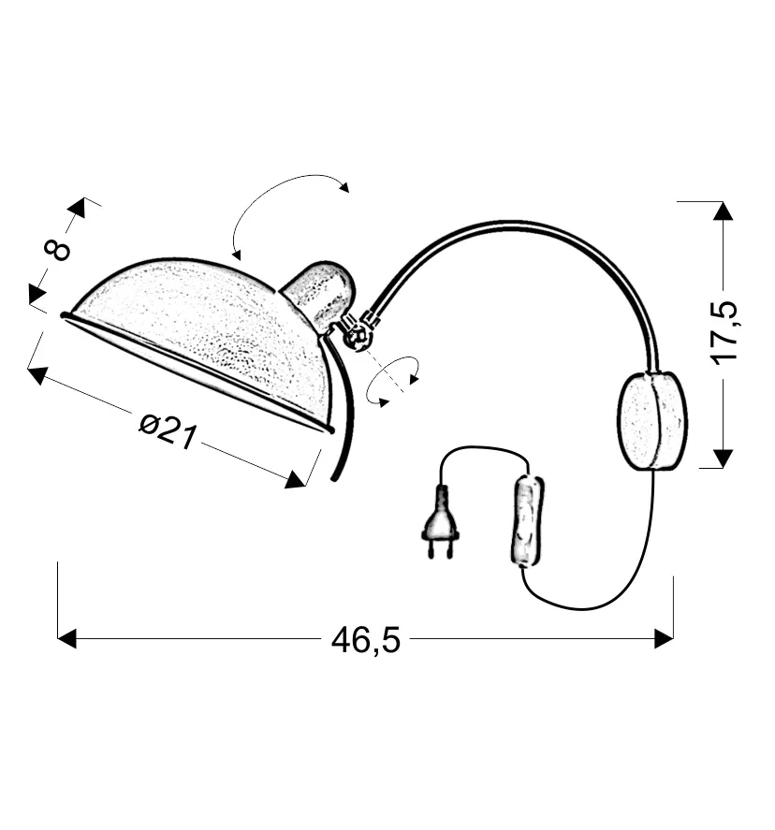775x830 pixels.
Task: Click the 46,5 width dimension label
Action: (x=366, y=641)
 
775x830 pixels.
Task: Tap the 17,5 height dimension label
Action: (x=724, y=333)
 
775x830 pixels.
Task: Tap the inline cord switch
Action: (x=527, y=521)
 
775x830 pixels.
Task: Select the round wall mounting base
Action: (x=652, y=421)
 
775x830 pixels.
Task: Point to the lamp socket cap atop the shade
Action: (x=320, y=293)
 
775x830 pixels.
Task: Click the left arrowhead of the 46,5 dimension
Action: (x=66, y=638)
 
